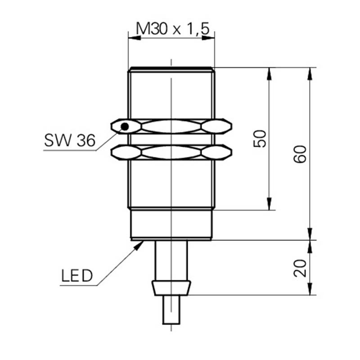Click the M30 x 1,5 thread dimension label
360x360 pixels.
(173, 29)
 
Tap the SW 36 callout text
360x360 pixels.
(70, 140)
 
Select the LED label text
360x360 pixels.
(76, 275)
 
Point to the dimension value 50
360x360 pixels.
(260, 139)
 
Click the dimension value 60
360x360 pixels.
(300, 154)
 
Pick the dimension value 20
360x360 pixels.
(300, 268)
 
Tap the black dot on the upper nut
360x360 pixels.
(125, 126)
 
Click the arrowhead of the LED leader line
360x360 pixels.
(139, 245)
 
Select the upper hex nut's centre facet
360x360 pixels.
(171, 126)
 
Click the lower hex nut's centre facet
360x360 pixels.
(171, 152)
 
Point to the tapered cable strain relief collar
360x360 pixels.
(171, 288)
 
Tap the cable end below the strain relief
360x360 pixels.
(171, 310)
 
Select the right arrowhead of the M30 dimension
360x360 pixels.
(208, 38)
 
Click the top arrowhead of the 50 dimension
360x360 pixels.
(269, 74)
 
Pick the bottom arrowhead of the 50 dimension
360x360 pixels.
(269, 204)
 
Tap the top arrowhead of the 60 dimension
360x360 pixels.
(310, 74)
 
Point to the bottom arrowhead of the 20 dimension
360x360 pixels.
(310, 289)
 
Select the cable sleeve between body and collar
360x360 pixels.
(171, 261)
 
